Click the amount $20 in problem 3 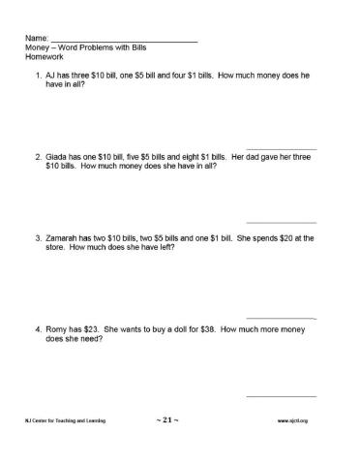click(279, 237)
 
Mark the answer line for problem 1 click(282, 148)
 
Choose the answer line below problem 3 click(282, 318)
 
